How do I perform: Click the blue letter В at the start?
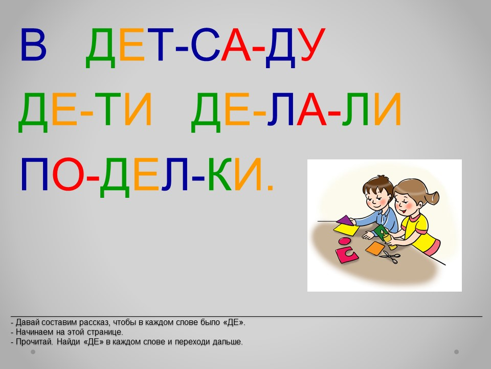pyautogui.click(x=34, y=45)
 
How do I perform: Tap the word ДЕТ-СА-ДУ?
pyautogui.click(x=206, y=48)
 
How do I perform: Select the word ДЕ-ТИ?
pyautogui.click(x=85, y=112)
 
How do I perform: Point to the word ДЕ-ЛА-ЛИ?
pyautogui.click(x=296, y=112)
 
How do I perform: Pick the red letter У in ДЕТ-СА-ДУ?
pyautogui.click(x=311, y=45)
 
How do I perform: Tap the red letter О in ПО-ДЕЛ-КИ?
pyautogui.click(x=67, y=174)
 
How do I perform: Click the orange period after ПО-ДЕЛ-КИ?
pyautogui.click(x=271, y=188)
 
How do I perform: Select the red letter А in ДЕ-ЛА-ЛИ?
pyautogui.click(x=311, y=109)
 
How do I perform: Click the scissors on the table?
pyautogui.click(x=390, y=257)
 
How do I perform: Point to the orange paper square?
pyautogui.click(x=375, y=248)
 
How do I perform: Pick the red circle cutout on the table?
pyautogui.click(x=345, y=241)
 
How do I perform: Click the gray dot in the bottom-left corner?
pyautogui.click(x=33, y=352)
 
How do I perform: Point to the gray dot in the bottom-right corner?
pyautogui.click(x=457, y=352)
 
